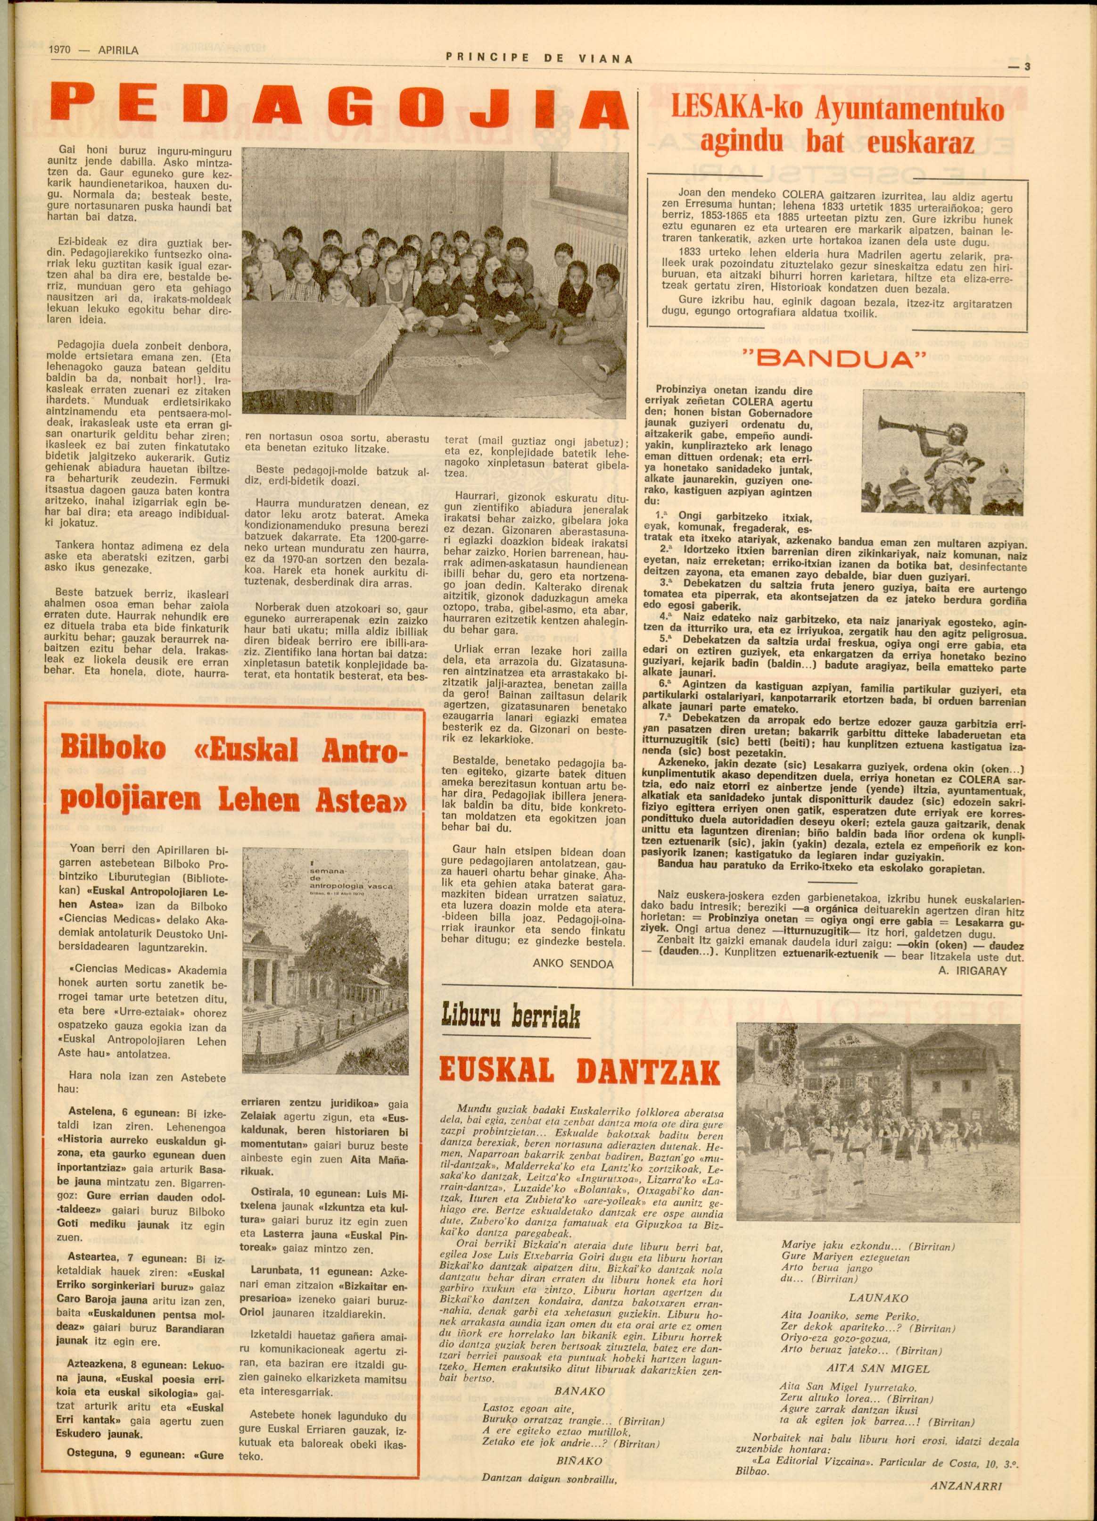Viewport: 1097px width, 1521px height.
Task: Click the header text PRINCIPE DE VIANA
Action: pyautogui.click(x=539, y=58)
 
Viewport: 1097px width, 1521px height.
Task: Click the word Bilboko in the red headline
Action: pyautogui.click(x=113, y=748)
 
